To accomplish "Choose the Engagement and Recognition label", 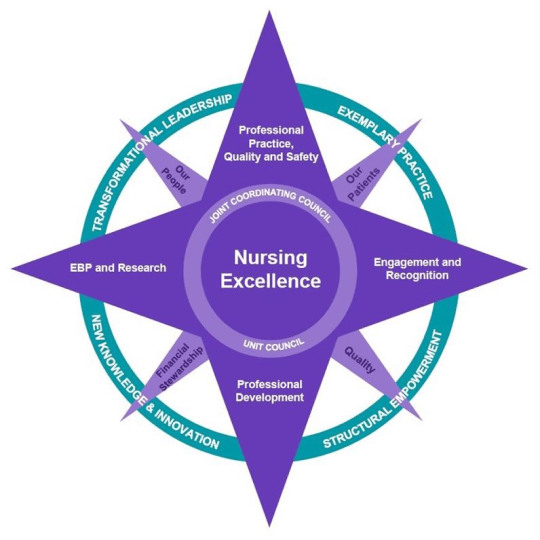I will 417,268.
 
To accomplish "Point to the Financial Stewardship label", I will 181,361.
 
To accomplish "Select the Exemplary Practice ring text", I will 385,149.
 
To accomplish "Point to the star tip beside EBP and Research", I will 15,268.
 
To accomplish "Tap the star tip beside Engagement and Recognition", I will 527,268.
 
